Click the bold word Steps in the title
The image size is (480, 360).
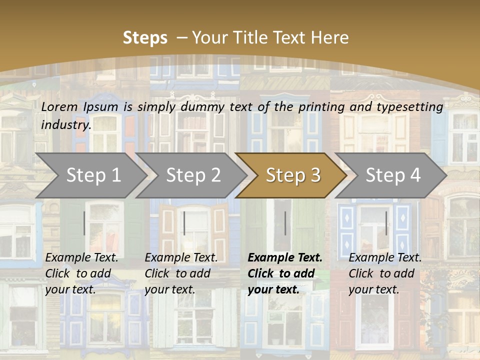[x=145, y=37]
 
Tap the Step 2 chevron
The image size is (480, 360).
[x=193, y=175]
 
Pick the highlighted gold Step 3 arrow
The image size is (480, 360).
[x=292, y=175]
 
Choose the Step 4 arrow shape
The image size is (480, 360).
[x=392, y=175]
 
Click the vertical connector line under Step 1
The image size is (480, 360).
[x=84, y=223]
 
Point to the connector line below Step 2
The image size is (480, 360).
[x=184, y=223]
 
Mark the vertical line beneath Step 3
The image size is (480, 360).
[x=285, y=223]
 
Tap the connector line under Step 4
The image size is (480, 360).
[x=386, y=223]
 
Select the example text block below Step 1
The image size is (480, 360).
[x=81, y=273]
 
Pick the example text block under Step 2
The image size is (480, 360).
[x=181, y=273]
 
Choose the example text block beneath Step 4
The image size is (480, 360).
[x=385, y=273]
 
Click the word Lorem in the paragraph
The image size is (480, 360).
[x=59, y=106]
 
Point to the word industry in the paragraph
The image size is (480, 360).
[x=66, y=124]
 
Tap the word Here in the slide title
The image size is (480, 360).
[x=330, y=37]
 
